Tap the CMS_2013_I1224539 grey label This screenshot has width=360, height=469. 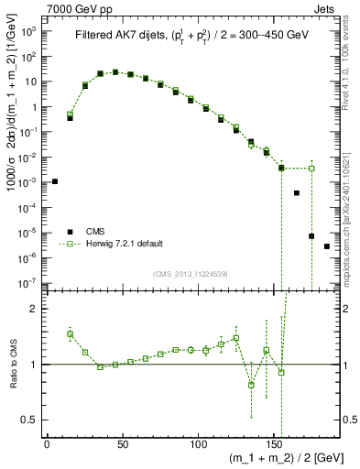click(190, 274)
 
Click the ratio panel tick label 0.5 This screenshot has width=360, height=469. click(29, 420)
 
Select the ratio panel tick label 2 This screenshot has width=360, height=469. click(34, 309)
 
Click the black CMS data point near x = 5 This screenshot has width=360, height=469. click(55, 181)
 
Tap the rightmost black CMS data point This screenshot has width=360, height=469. click(327, 246)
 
